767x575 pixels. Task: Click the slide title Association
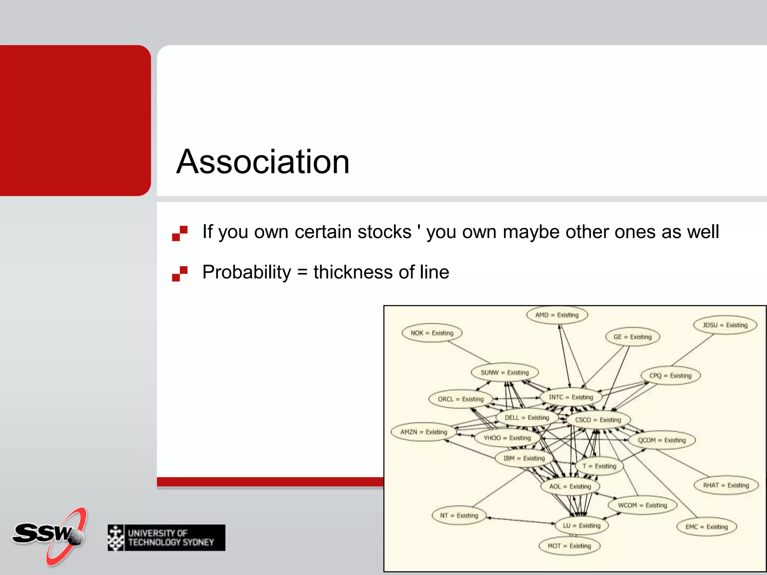(x=263, y=162)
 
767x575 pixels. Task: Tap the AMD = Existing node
(x=557, y=315)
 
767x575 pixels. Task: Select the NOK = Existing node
(x=432, y=333)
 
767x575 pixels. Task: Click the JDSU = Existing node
(x=725, y=325)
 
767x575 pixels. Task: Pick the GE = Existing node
(x=633, y=337)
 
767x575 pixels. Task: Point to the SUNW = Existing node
(x=504, y=372)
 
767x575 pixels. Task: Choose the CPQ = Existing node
(x=670, y=375)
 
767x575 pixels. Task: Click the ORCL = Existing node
(x=461, y=399)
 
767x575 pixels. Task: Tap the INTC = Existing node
(x=571, y=397)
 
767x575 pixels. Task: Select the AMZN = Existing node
(x=424, y=432)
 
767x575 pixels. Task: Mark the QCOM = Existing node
(x=662, y=440)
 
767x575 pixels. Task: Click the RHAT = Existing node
(x=726, y=485)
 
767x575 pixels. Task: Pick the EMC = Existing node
(x=706, y=527)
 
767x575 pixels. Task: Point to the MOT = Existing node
(x=569, y=546)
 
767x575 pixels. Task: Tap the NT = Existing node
(x=459, y=515)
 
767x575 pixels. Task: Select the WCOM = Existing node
(x=642, y=505)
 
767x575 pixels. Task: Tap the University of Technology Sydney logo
(x=166, y=538)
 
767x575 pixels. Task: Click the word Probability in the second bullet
(x=246, y=272)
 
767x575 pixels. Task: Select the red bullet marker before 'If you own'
(x=180, y=233)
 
